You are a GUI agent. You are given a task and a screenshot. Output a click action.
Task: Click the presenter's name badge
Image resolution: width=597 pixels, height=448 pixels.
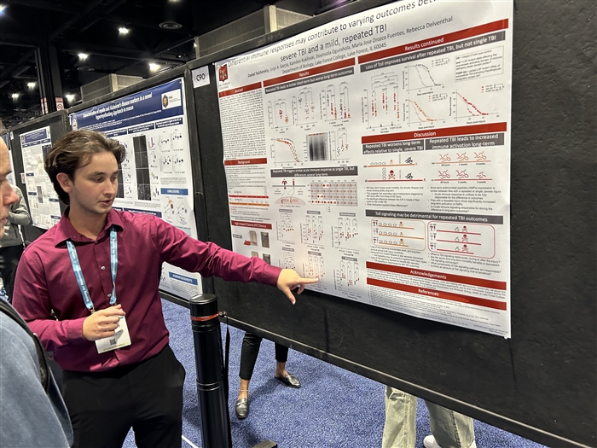(x=113, y=336)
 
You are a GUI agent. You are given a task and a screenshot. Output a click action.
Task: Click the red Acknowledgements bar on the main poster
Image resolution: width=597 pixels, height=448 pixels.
(x=435, y=274)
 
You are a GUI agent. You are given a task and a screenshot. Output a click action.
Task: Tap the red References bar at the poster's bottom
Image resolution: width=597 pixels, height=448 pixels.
(x=436, y=293)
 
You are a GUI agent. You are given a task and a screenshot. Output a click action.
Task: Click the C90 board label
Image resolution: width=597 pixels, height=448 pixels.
(x=200, y=77)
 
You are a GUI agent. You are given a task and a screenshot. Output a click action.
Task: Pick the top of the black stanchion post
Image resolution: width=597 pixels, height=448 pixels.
(x=204, y=300)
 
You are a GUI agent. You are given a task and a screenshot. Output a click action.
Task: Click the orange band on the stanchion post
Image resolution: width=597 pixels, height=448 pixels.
(x=206, y=317)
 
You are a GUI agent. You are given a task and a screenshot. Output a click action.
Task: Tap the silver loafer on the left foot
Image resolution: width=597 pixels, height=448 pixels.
(x=242, y=408)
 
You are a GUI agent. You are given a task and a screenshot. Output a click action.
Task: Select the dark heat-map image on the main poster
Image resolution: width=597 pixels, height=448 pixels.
(x=317, y=146)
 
